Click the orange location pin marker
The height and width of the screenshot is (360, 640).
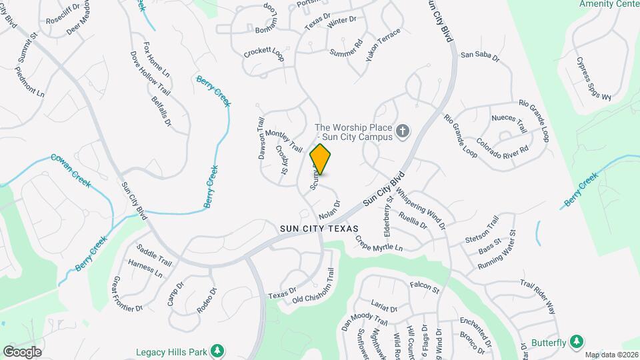click(x=321, y=159)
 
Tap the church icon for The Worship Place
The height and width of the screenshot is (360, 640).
click(x=402, y=131)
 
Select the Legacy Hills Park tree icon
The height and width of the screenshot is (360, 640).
click(x=217, y=351)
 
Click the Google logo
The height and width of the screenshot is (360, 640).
click(x=22, y=351)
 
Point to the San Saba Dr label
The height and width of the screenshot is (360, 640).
click(x=480, y=56)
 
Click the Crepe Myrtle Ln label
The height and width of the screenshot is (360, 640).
click(x=379, y=243)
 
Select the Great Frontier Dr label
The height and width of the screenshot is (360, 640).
click(x=128, y=294)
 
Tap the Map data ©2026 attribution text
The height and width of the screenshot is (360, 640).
click(x=611, y=355)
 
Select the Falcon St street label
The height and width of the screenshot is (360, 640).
click(x=425, y=287)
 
